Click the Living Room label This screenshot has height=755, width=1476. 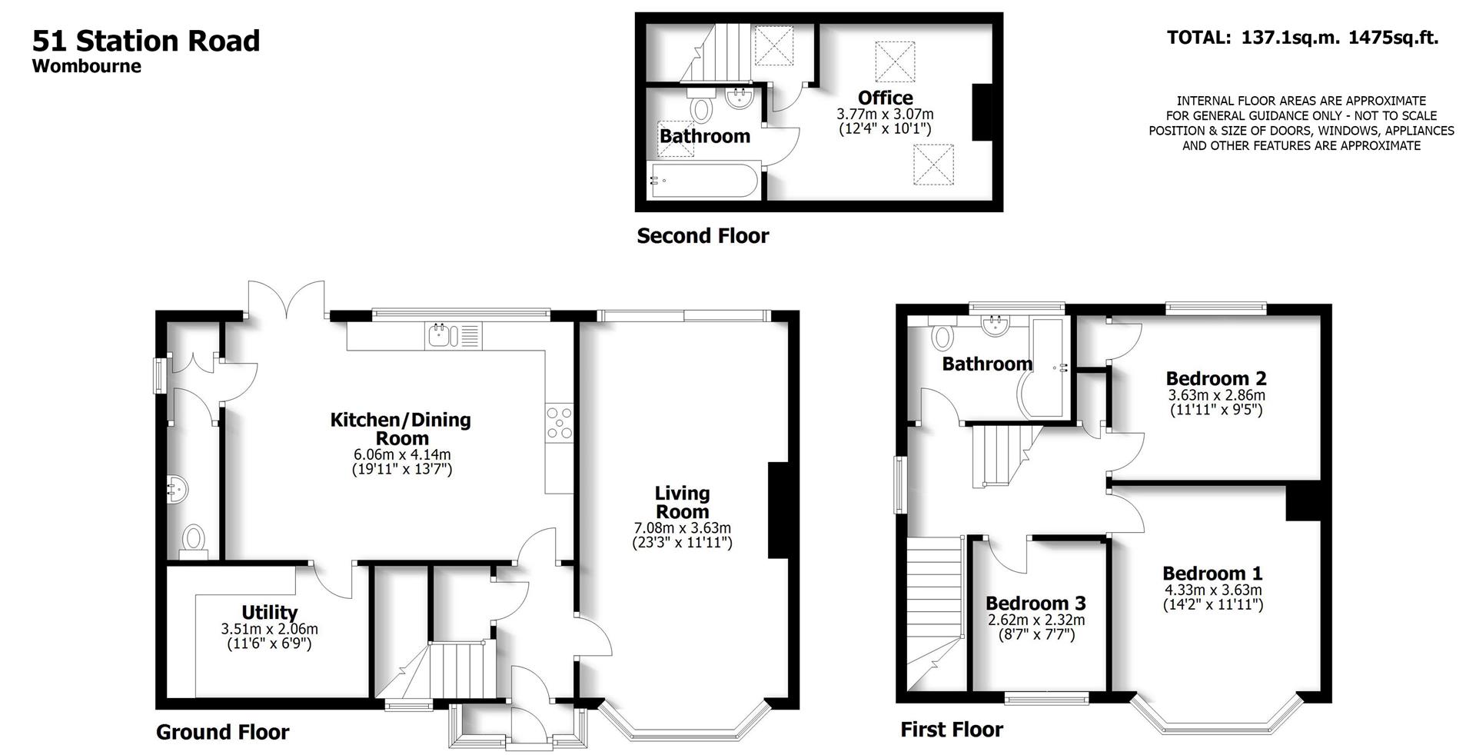[682, 502]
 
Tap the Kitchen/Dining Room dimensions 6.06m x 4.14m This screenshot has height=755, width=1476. [401, 454]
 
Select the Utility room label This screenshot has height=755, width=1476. [269, 612]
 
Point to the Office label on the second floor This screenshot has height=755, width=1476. [885, 98]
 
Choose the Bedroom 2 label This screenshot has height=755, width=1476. [1216, 378]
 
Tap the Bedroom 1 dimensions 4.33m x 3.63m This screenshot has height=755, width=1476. [1212, 590]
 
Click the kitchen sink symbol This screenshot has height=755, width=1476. [441, 334]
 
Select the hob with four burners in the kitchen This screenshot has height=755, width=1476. [559, 423]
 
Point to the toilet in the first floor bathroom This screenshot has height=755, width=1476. [942, 337]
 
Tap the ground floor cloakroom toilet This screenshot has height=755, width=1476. [193, 538]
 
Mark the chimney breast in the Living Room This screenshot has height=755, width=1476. [778, 510]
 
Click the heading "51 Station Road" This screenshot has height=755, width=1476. [146, 41]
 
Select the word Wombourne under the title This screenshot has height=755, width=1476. [87, 66]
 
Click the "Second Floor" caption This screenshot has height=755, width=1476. [703, 236]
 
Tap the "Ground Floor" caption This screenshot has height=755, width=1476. [222, 732]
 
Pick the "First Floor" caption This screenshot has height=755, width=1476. [952, 729]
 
